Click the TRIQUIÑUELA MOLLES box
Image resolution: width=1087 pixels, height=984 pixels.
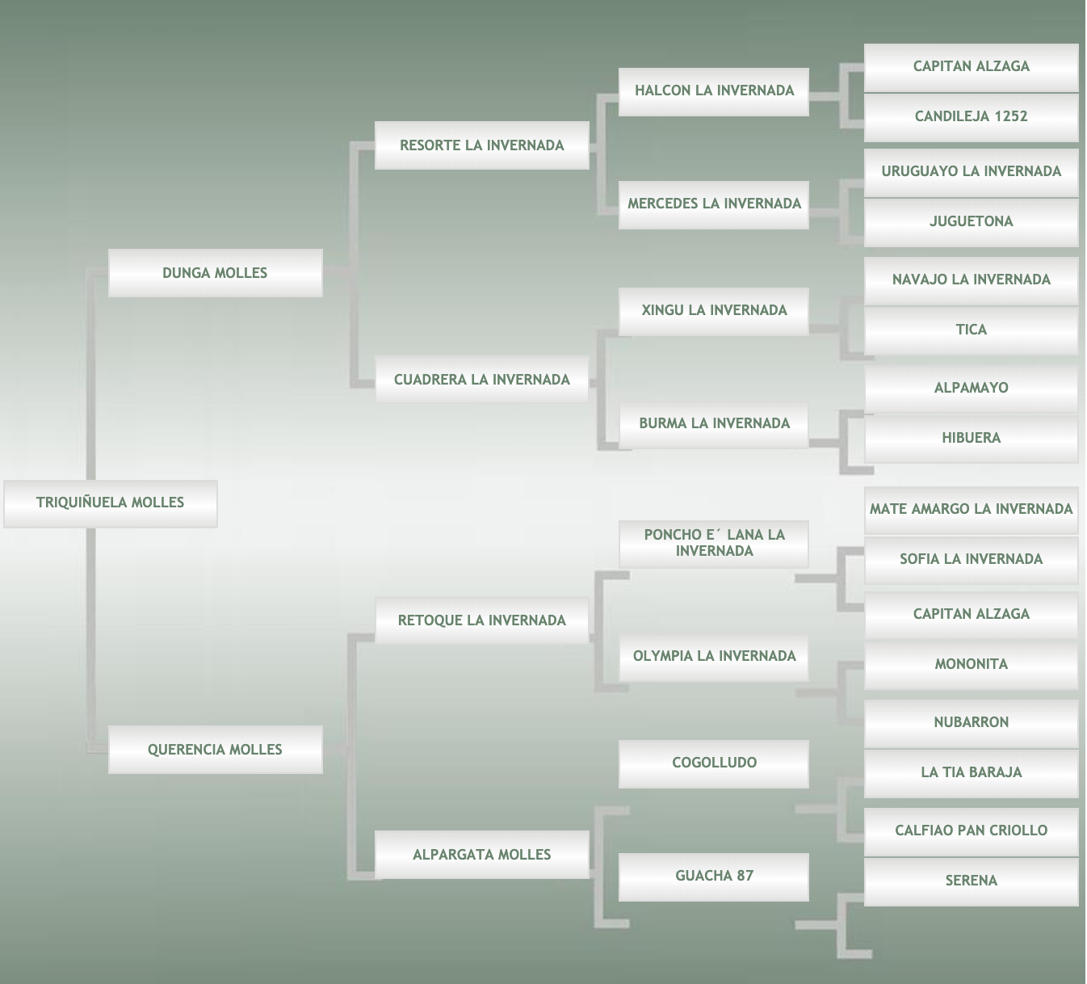(x=110, y=503)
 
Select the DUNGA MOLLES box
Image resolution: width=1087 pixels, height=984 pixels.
(x=215, y=273)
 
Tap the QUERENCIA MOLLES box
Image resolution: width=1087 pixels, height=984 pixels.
(x=215, y=750)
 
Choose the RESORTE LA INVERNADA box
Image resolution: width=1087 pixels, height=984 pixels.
(x=481, y=145)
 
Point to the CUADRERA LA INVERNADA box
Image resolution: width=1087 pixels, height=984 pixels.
(x=481, y=380)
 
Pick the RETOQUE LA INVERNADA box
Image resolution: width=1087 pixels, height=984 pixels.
(x=481, y=620)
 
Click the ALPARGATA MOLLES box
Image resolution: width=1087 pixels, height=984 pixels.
(x=481, y=855)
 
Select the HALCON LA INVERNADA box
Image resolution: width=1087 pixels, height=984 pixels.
(x=714, y=91)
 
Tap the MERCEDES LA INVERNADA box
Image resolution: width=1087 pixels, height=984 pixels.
(x=714, y=204)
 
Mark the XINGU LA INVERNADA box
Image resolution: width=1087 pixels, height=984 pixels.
(x=714, y=311)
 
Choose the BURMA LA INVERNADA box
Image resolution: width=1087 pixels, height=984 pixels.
(x=714, y=424)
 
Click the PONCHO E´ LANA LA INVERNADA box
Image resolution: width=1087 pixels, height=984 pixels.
(x=714, y=544)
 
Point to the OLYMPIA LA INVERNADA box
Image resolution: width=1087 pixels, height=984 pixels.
(x=714, y=657)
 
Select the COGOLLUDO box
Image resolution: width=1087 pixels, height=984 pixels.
(x=714, y=763)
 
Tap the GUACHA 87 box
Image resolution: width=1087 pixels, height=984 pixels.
(x=714, y=877)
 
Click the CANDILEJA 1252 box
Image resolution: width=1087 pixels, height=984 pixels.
(x=971, y=117)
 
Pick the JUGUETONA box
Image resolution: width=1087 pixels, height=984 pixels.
(x=971, y=222)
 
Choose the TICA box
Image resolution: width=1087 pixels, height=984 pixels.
(x=971, y=330)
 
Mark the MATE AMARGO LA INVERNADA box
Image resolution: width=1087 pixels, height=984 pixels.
(x=971, y=510)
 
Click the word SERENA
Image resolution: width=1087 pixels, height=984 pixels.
(x=971, y=881)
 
